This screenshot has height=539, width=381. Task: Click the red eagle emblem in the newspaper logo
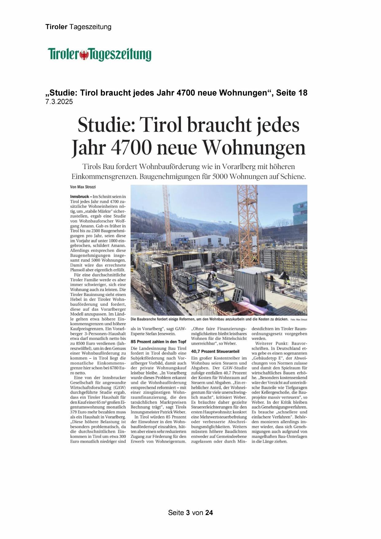[84, 55]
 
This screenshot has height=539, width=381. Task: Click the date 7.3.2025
[59, 102]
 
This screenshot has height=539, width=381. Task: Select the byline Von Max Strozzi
[81, 187]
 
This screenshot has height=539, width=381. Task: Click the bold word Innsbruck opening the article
[79, 196]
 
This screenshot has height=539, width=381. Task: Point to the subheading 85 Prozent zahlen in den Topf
[158, 341]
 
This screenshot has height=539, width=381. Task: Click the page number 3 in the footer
[188, 513]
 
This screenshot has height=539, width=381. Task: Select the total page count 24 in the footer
[209, 513]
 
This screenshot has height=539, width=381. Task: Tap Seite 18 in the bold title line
[291, 93]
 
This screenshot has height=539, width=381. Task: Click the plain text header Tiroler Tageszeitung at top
[78, 27]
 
